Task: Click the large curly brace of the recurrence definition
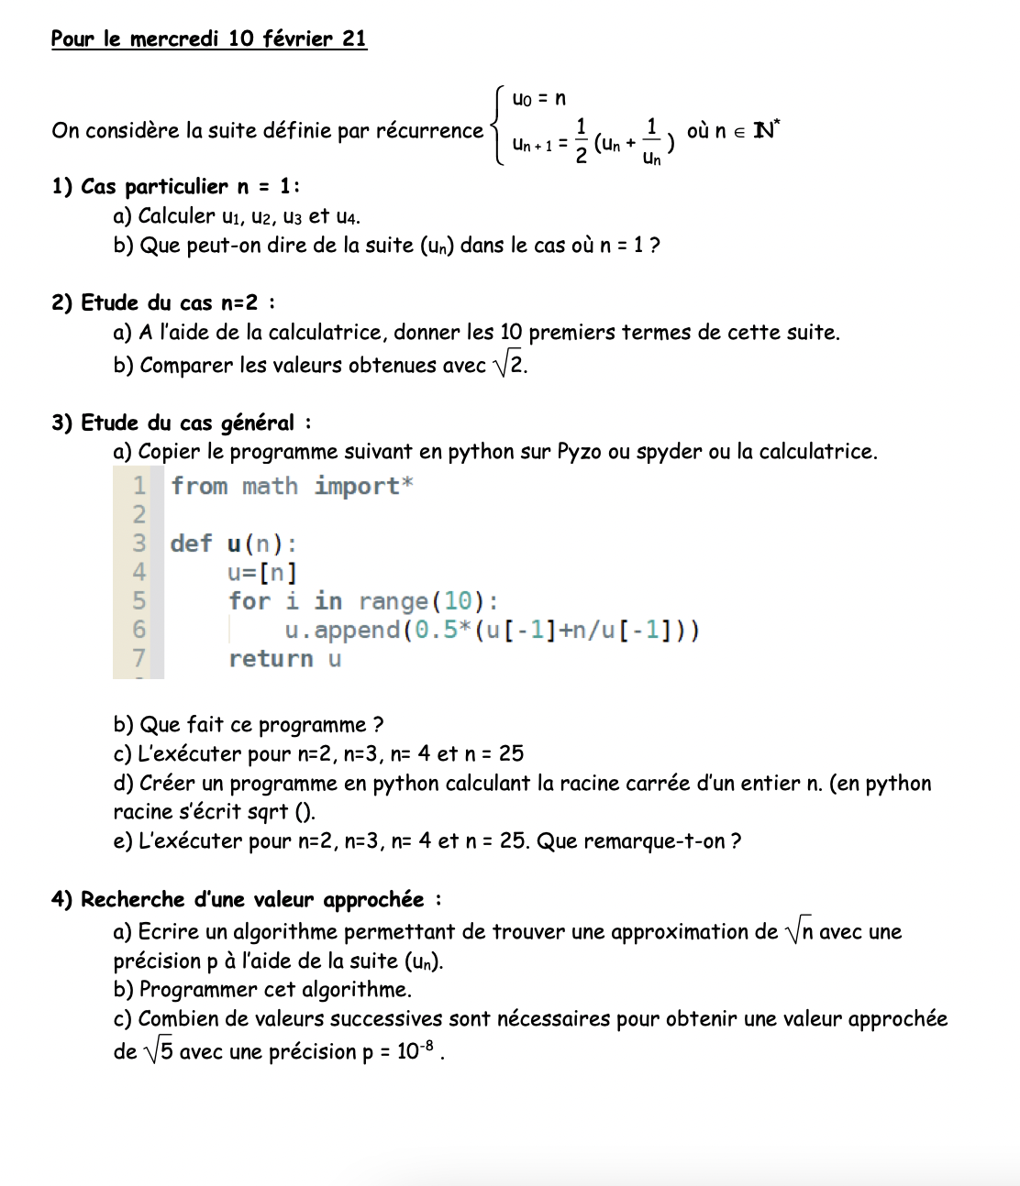[x=498, y=126]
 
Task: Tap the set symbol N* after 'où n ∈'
[x=765, y=130]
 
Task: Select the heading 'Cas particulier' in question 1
[x=154, y=186]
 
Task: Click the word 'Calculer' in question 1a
[x=177, y=216]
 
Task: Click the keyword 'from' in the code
[x=199, y=486]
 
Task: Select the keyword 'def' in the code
[x=191, y=544]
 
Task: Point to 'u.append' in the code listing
[x=342, y=631]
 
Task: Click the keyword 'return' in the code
[x=271, y=659]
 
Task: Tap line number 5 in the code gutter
[x=139, y=601]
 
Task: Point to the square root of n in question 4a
[x=799, y=932]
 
